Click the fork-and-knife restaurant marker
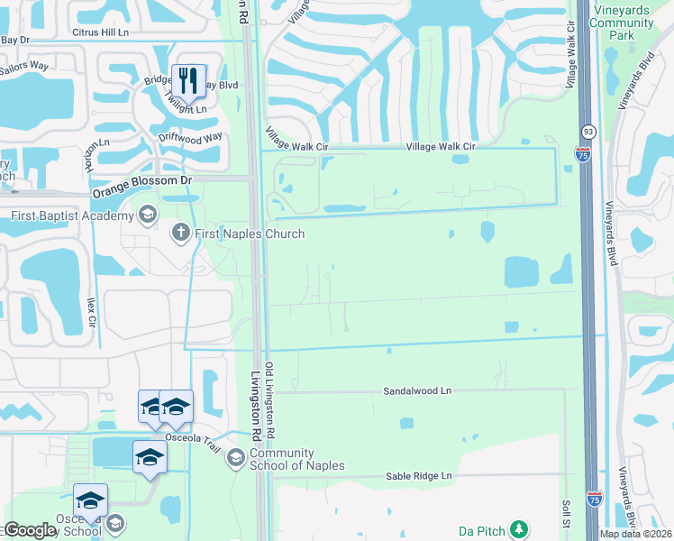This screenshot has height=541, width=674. (188, 80)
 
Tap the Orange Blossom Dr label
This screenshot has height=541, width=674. (143, 180)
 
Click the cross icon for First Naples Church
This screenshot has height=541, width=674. (180, 234)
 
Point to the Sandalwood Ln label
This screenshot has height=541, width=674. (417, 391)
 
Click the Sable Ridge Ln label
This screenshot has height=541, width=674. (418, 475)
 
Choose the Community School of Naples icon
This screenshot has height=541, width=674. (235, 458)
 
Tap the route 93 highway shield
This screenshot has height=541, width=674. (587, 132)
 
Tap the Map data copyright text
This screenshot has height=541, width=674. (636, 534)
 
